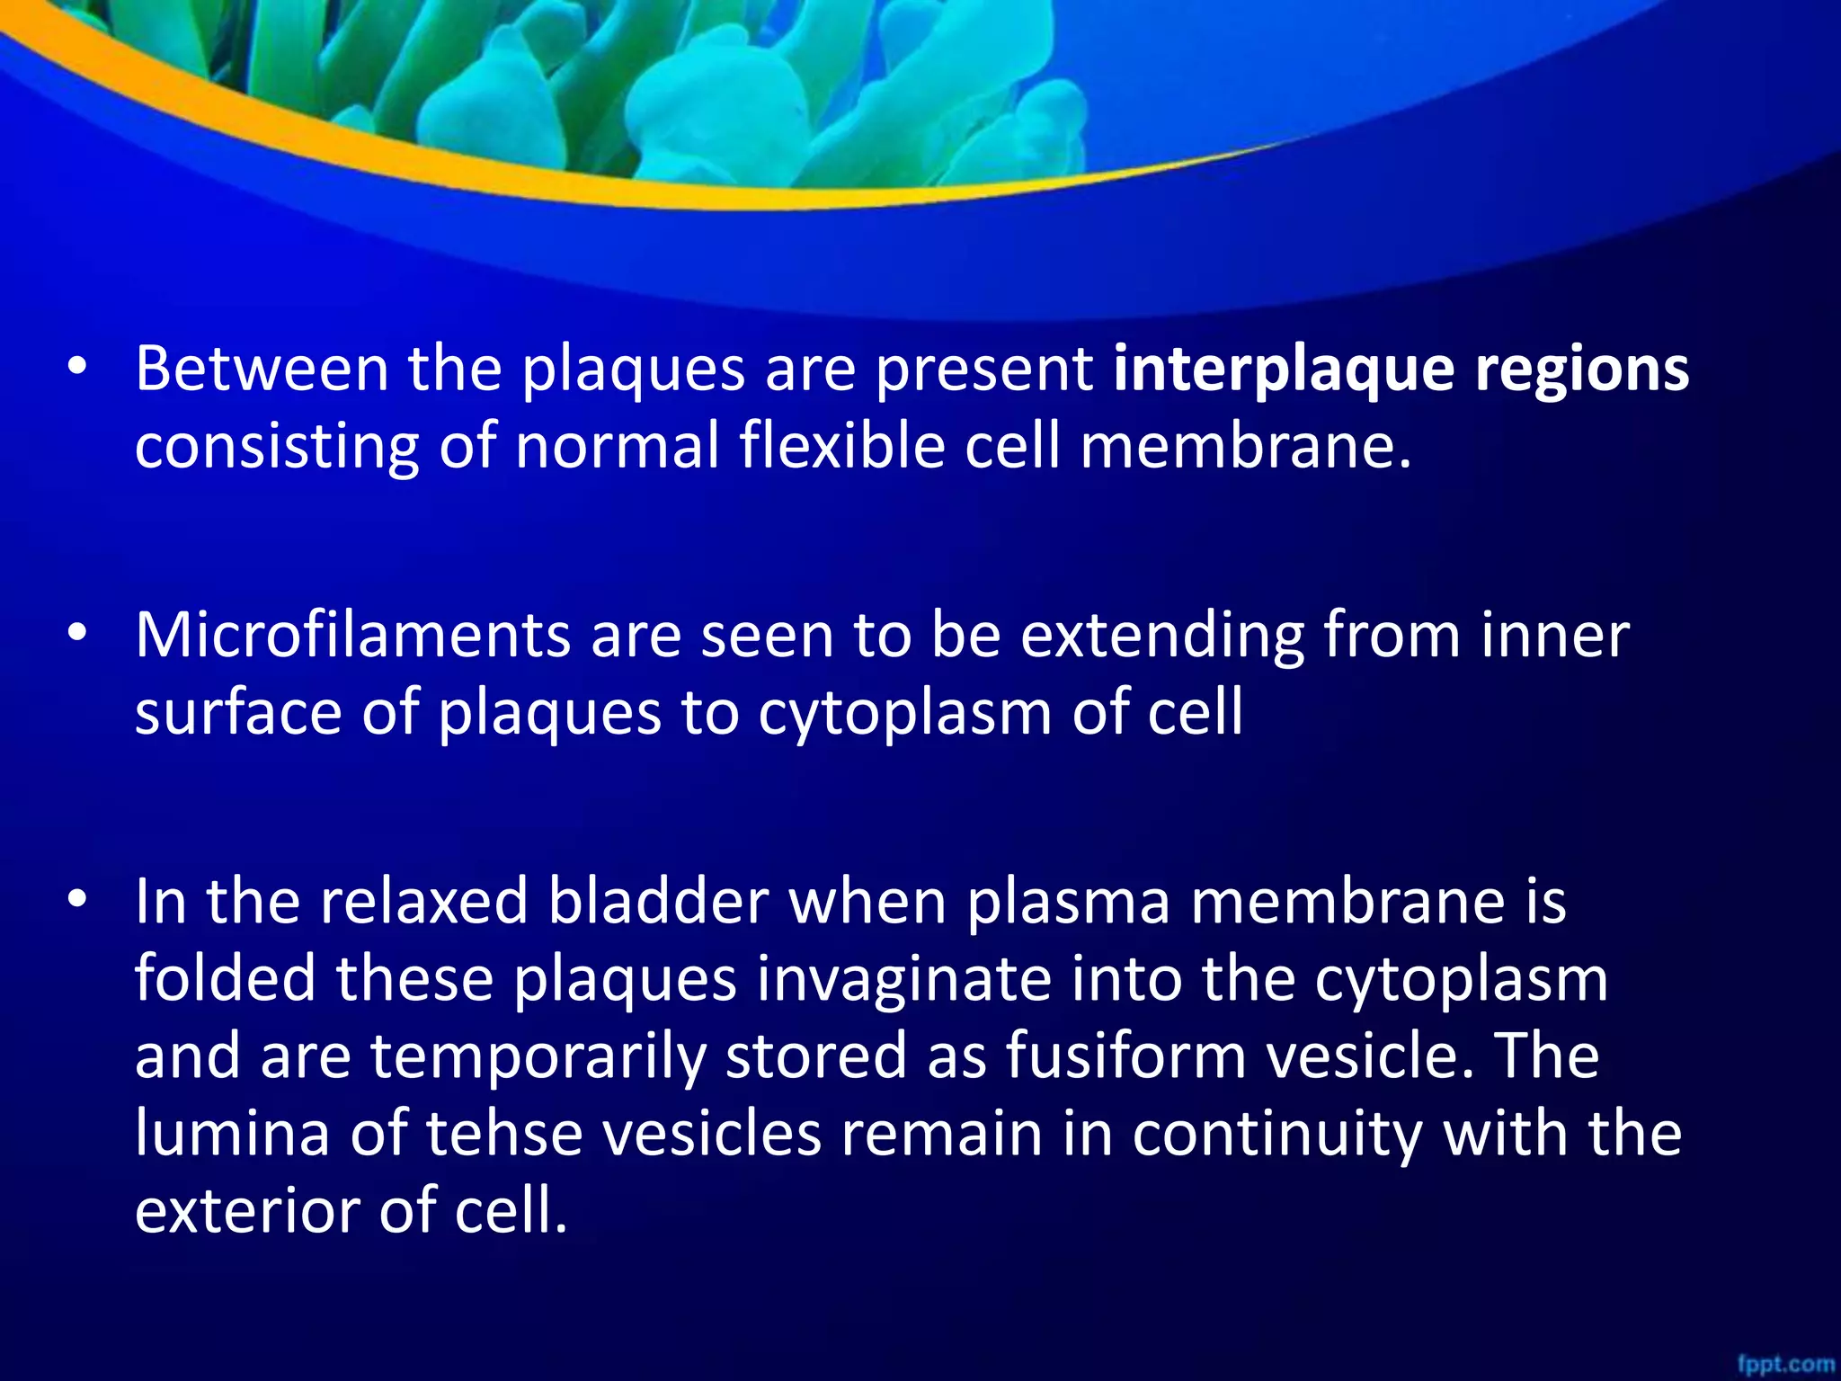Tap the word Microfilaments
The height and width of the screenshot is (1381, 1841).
point(352,635)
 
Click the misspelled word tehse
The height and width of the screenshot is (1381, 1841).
point(503,1133)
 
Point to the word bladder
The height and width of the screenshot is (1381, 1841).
point(658,901)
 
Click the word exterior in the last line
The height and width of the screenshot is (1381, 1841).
point(247,1211)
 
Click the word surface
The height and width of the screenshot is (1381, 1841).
point(238,712)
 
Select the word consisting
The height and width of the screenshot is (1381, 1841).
point(277,448)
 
